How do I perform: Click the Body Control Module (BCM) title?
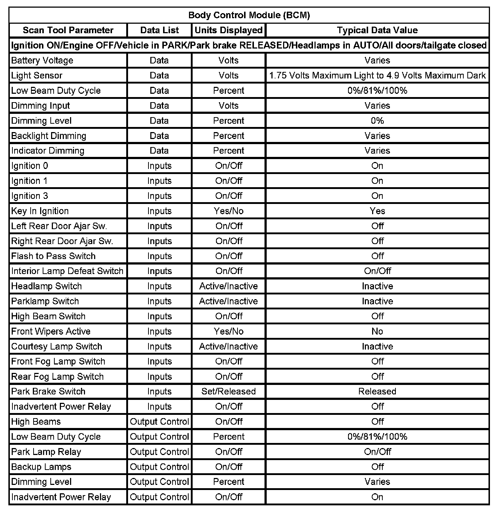(x=249, y=15)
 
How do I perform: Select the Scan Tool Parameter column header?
(x=68, y=30)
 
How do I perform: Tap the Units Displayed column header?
(x=228, y=30)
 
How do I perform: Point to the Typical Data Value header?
(x=377, y=30)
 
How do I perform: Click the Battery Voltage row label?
(x=42, y=61)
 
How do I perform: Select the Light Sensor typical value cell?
(x=377, y=76)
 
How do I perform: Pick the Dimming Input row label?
(x=40, y=106)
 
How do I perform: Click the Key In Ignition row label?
(x=40, y=211)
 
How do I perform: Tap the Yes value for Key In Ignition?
(x=377, y=211)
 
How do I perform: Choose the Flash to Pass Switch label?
(x=53, y=256)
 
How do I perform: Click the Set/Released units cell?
(x=228, y=391)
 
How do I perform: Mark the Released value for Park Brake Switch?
(x=377, y=391)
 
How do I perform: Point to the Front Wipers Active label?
(x=51, y=331)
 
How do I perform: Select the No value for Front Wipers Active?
(x=377, y=331)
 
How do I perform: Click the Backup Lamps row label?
(x=41, y=467)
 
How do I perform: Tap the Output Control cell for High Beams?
(x=159, y=422)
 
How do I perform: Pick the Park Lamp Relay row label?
(x=46, y=452)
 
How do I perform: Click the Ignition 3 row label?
(x=30, y=196)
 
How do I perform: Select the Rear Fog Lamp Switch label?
(x=57, y=377)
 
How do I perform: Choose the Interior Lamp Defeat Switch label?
(x=67, y=271)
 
